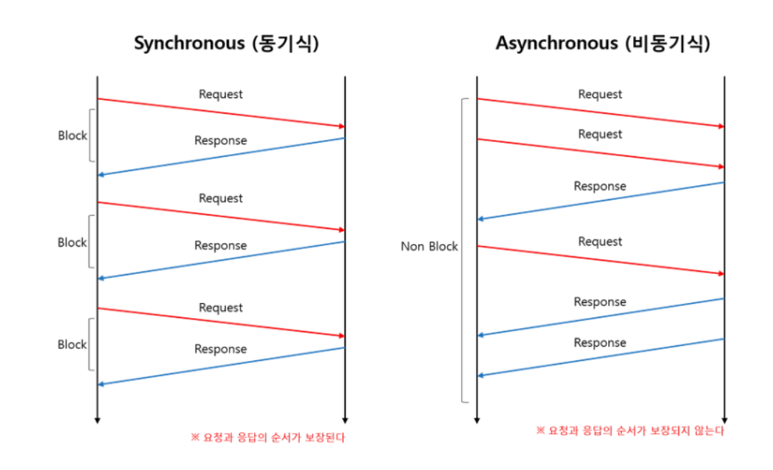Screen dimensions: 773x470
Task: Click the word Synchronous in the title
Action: (x=189, y=44)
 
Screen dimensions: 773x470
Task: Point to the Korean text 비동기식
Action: (x=667, y=44)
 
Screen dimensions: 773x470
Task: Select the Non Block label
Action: (x=430, y=247)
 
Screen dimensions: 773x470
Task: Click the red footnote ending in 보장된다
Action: (x=268, y=437)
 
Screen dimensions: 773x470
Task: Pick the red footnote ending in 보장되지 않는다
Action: (x=630, y=431)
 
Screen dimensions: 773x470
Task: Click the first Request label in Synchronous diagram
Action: (x=221, y=94)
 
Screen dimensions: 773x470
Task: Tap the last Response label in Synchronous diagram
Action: (x=221, y=349)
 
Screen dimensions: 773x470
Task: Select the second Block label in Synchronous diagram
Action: (x=72, y=242)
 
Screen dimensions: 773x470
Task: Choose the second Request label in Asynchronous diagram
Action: (x=600, y=134)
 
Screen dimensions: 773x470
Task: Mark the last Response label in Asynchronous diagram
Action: (x=600, y=342)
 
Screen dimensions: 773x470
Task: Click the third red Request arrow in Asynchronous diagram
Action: (x=600, y=260)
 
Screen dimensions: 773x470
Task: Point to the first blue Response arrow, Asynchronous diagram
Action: (x=600, y=200)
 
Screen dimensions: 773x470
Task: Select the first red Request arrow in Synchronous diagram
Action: (x=221, y=113)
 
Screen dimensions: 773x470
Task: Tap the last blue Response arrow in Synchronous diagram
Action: (x=221, y=366)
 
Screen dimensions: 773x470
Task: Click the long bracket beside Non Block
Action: (x=465, y=250)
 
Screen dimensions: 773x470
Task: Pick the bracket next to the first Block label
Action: (x=91, y=136)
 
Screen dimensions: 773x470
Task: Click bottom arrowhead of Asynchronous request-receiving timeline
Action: (x=724, y=420)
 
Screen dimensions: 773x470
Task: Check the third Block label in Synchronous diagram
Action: (x=72, y=344)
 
